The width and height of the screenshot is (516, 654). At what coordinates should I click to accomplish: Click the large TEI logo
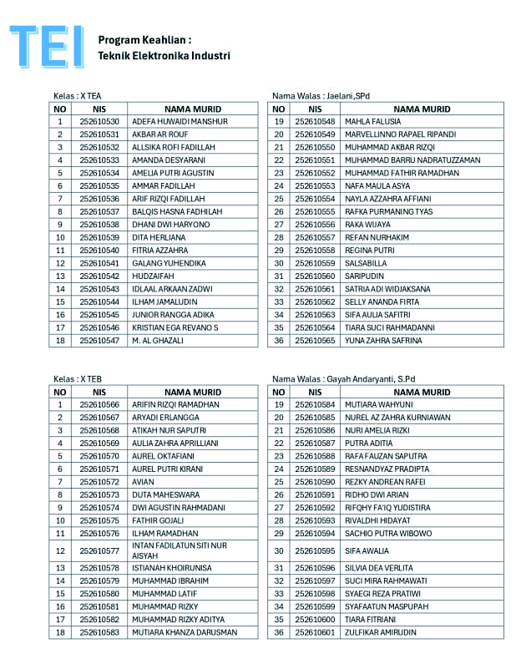pyautogui.click(x=45, y=46)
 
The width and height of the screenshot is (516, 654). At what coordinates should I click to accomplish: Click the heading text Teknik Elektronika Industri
pyautogui.click(x=164, y=56)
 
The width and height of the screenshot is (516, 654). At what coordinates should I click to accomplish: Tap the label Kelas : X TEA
pyautogui.click(x=77, y=96)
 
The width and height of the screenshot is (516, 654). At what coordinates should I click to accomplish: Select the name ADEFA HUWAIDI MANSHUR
pyautogui.click(x=180, y=122)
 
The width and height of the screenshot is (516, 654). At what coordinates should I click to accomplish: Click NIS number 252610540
pyautogui.click(x=99, y=251)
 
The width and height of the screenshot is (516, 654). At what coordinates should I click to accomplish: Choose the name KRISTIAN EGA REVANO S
pyautogui.click(x=175, y=327)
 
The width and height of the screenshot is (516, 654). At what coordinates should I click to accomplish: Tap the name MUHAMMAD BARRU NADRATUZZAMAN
pyautogui.click(x=412, y=160)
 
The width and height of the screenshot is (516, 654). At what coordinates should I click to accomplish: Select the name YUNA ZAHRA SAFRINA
pyautogui.click(x=383, y=340)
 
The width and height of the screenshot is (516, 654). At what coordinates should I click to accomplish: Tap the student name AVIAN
pyautogui.click(x=144, y=482)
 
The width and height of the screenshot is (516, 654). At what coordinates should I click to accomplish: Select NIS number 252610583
pyautogui.click(x=99, y=632)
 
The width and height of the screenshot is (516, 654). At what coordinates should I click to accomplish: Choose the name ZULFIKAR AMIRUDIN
pyautogui.click(x=382, y=632)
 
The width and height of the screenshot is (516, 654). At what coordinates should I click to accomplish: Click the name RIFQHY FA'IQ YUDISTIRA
pyautogui.click(x=388, y=507)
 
